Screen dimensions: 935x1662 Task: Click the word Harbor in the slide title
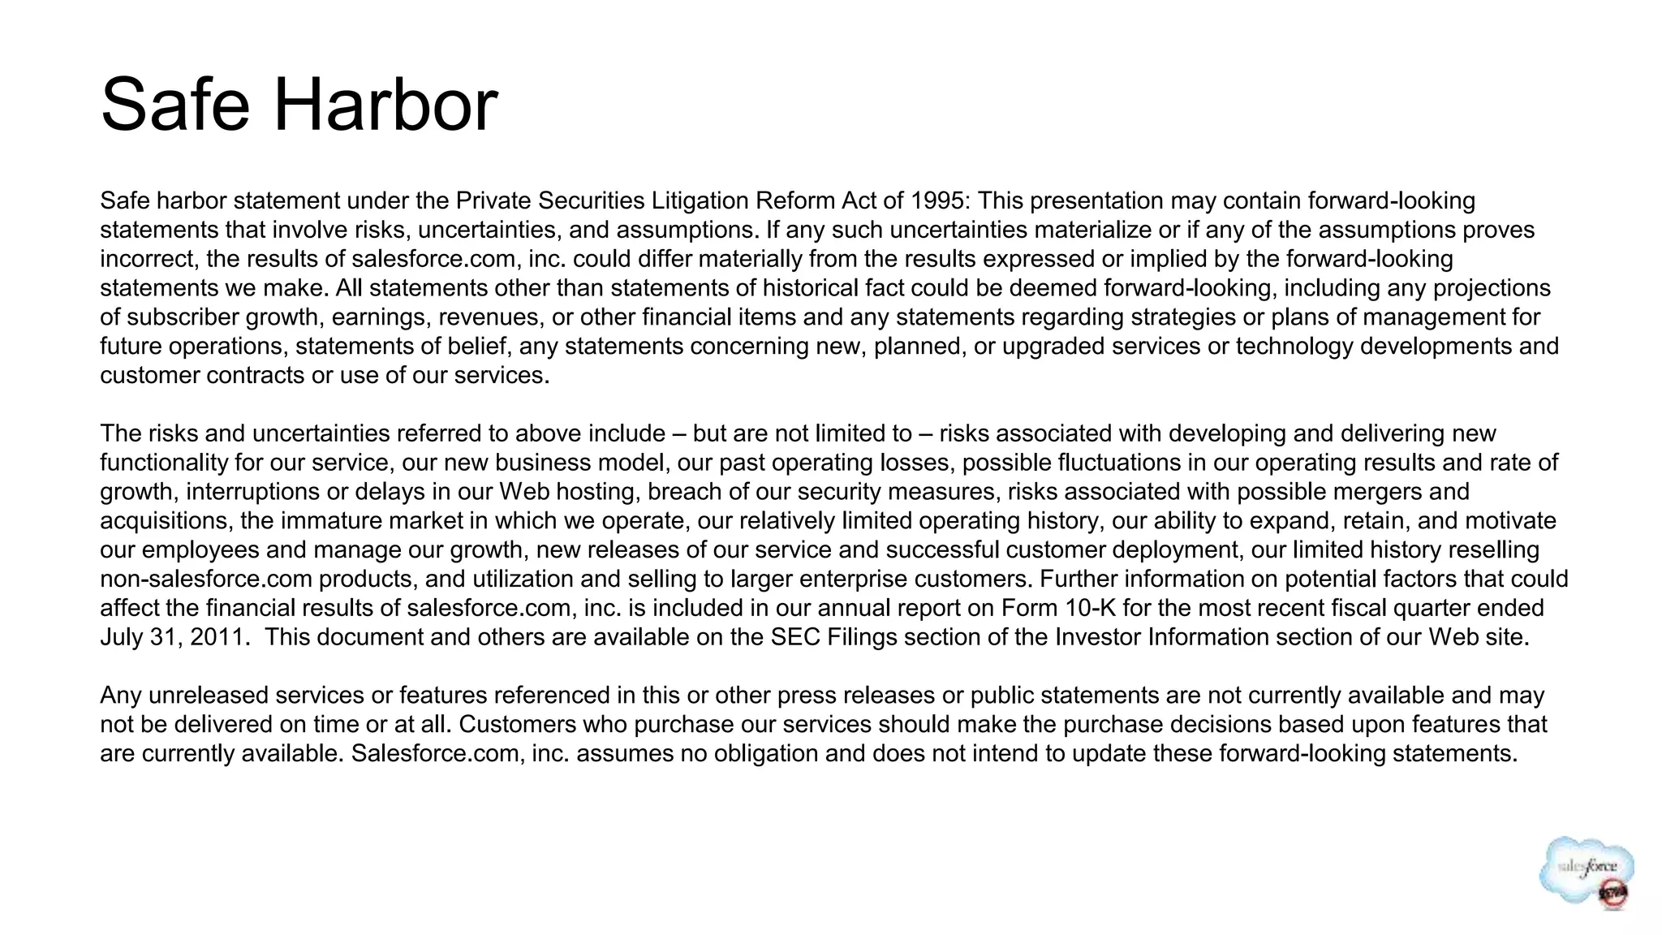pyautogui.click(x=385, y=106)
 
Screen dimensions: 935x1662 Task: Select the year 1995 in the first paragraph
pyautogui.click(x=939, y=200)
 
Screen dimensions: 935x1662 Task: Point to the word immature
pyautogui.click(x=321, y=521)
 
